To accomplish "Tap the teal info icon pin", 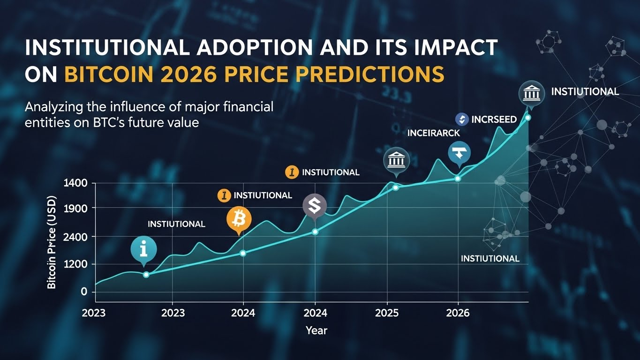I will [x=143, y=249].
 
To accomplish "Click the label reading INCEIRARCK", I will [x=434, y=133].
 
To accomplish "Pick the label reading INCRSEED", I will [x=494, y=120].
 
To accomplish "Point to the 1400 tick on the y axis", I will [x=75, y=183].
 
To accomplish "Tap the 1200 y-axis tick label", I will [x=75, y=264].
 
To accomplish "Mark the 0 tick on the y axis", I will [x=84, y=292].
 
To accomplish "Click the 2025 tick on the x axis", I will [x=387, y=313].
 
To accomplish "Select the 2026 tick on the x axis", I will [x=458, y=313].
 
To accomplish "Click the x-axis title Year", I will [x=316, y=330].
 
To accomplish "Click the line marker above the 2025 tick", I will [x=395, y=187].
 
